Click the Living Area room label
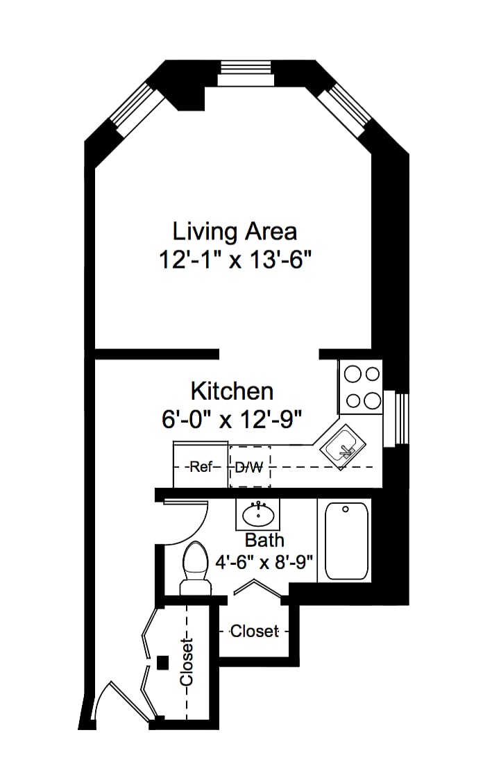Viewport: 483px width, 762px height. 235,232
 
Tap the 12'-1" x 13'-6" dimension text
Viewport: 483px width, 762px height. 235,260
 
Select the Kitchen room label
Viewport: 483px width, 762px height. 232,391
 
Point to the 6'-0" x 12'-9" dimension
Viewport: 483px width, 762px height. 232,418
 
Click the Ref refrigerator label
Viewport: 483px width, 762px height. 201,467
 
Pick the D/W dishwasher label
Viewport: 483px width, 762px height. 249,468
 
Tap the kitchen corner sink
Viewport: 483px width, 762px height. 343,447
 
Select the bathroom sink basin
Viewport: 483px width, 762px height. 258,514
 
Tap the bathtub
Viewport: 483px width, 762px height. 346,541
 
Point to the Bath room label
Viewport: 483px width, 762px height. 264,540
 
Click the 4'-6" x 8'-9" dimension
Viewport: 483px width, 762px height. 264,563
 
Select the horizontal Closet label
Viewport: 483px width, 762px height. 255,632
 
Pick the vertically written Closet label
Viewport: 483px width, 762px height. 187,662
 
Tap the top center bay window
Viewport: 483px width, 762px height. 246,74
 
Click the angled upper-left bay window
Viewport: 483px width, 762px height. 137,110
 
